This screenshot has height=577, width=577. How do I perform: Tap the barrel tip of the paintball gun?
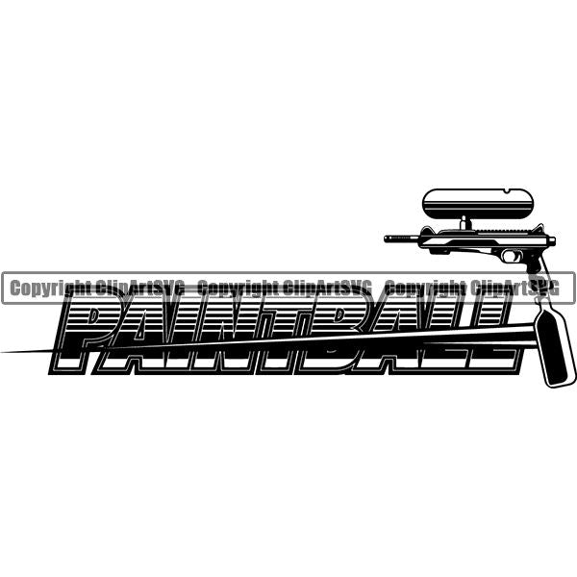(x=387, y=238)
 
